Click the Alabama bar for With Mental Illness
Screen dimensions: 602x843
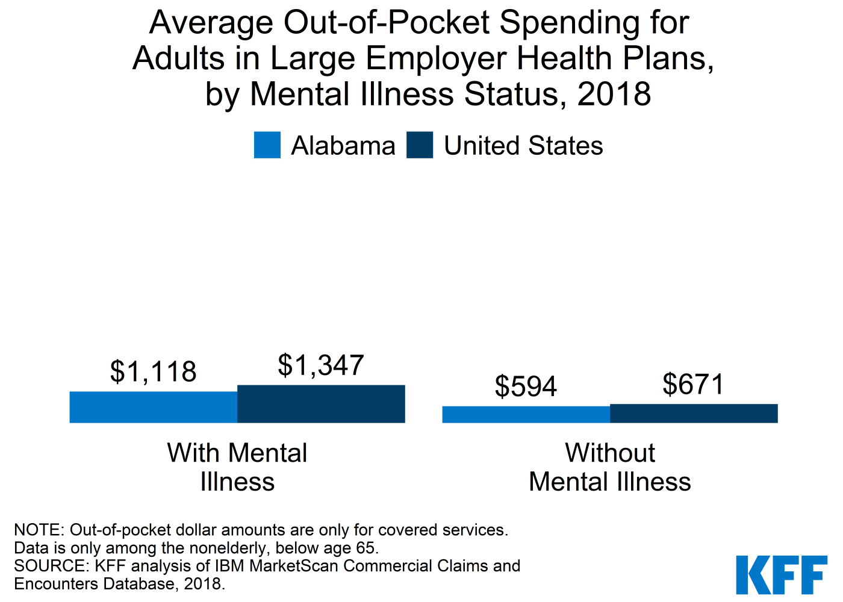pos(154,407)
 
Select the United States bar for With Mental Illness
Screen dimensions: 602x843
pos(321,404)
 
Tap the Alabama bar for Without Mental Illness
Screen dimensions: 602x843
pos(526,414)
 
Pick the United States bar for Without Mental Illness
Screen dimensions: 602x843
pos(694,413)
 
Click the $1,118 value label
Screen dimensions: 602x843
pos(154,371)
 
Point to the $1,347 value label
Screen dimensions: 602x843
pos(321,365)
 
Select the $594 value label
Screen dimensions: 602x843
pos(526,386)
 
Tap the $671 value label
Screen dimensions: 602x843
pos(693,384)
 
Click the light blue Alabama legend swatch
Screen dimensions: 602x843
pos(267,145)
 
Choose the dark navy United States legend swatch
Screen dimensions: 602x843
pos(420,145)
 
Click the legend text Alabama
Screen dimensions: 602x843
pos(343,146)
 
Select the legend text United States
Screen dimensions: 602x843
pos(523,146)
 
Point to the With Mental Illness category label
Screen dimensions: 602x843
pos(237,467)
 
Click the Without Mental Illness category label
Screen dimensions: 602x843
pos(610,467)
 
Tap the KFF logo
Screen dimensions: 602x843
pos(781,575)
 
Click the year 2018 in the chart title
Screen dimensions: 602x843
pos(614,95)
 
